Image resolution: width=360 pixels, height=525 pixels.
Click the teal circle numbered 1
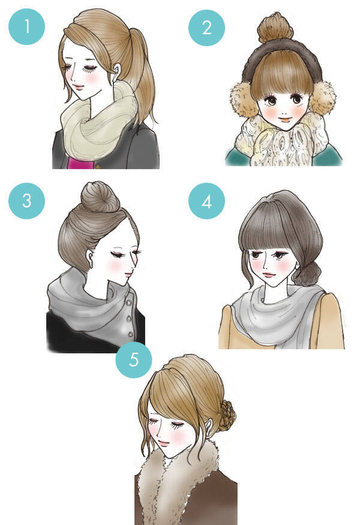26,26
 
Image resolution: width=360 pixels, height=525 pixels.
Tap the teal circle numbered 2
206,28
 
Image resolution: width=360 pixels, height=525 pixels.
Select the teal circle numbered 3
26,200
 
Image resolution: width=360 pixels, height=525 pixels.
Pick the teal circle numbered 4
206,201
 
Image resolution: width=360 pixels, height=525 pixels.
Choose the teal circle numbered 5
134,360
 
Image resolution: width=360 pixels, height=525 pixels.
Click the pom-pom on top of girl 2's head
275,28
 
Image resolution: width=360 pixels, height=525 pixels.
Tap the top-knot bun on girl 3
100,197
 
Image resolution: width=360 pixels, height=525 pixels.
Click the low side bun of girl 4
307,273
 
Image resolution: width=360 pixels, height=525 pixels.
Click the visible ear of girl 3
89,258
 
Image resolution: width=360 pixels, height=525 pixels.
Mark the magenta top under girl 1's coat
80,163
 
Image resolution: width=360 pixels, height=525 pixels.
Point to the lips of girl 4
269,275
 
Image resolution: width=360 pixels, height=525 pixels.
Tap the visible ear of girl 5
209,428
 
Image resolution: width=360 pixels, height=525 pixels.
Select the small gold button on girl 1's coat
98,166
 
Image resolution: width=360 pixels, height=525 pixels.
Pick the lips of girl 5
163,445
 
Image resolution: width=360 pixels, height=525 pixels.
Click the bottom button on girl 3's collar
131,334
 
